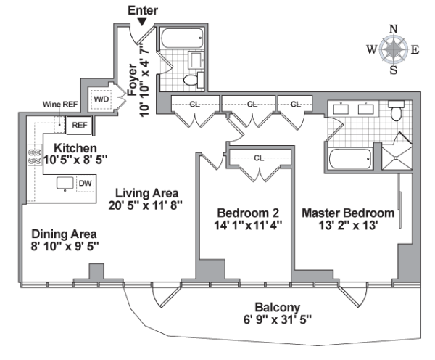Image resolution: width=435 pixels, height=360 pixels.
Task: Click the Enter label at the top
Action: pyautogui.click(x=142, y=10)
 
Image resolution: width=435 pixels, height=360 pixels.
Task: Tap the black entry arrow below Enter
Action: pyautogui.click(x=142, y=23)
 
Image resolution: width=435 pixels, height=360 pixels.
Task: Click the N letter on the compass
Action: pyautogui.click(x=394, y=29)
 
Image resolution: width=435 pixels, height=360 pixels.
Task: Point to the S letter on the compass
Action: pyautogui.click(x=394, y=70)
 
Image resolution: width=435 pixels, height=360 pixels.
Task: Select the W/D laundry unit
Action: pyautogui.click(x=99, y=99)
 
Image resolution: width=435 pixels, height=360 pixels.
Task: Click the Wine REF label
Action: pyautogui.click(x=60, y=105)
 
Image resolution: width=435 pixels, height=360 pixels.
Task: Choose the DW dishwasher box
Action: pyautogui.click(x=85, y=184)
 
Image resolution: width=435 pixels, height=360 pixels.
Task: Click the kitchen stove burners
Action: pyautogui.click(x=33, y=156)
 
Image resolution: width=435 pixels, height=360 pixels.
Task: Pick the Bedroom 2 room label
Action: pyautogui.click(x=248, y=212)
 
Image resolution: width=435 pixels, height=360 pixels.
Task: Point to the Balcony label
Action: pyautogui.click(x=277, y=307)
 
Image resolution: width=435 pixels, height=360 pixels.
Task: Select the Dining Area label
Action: pyautogui.click(x=64, y=234)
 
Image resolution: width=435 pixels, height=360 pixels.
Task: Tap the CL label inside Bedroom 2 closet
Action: pyautogui.click(x=259, y=157)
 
